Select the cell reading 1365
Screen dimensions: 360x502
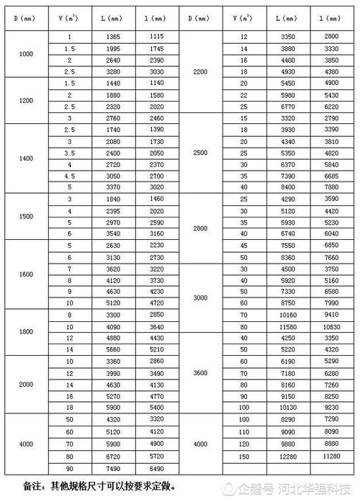click(112, 36)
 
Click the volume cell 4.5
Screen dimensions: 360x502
click(69, 175)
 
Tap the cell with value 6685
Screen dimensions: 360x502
click(332, 175)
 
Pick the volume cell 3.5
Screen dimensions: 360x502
click(69, 152)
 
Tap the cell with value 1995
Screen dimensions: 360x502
click(112, 48)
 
